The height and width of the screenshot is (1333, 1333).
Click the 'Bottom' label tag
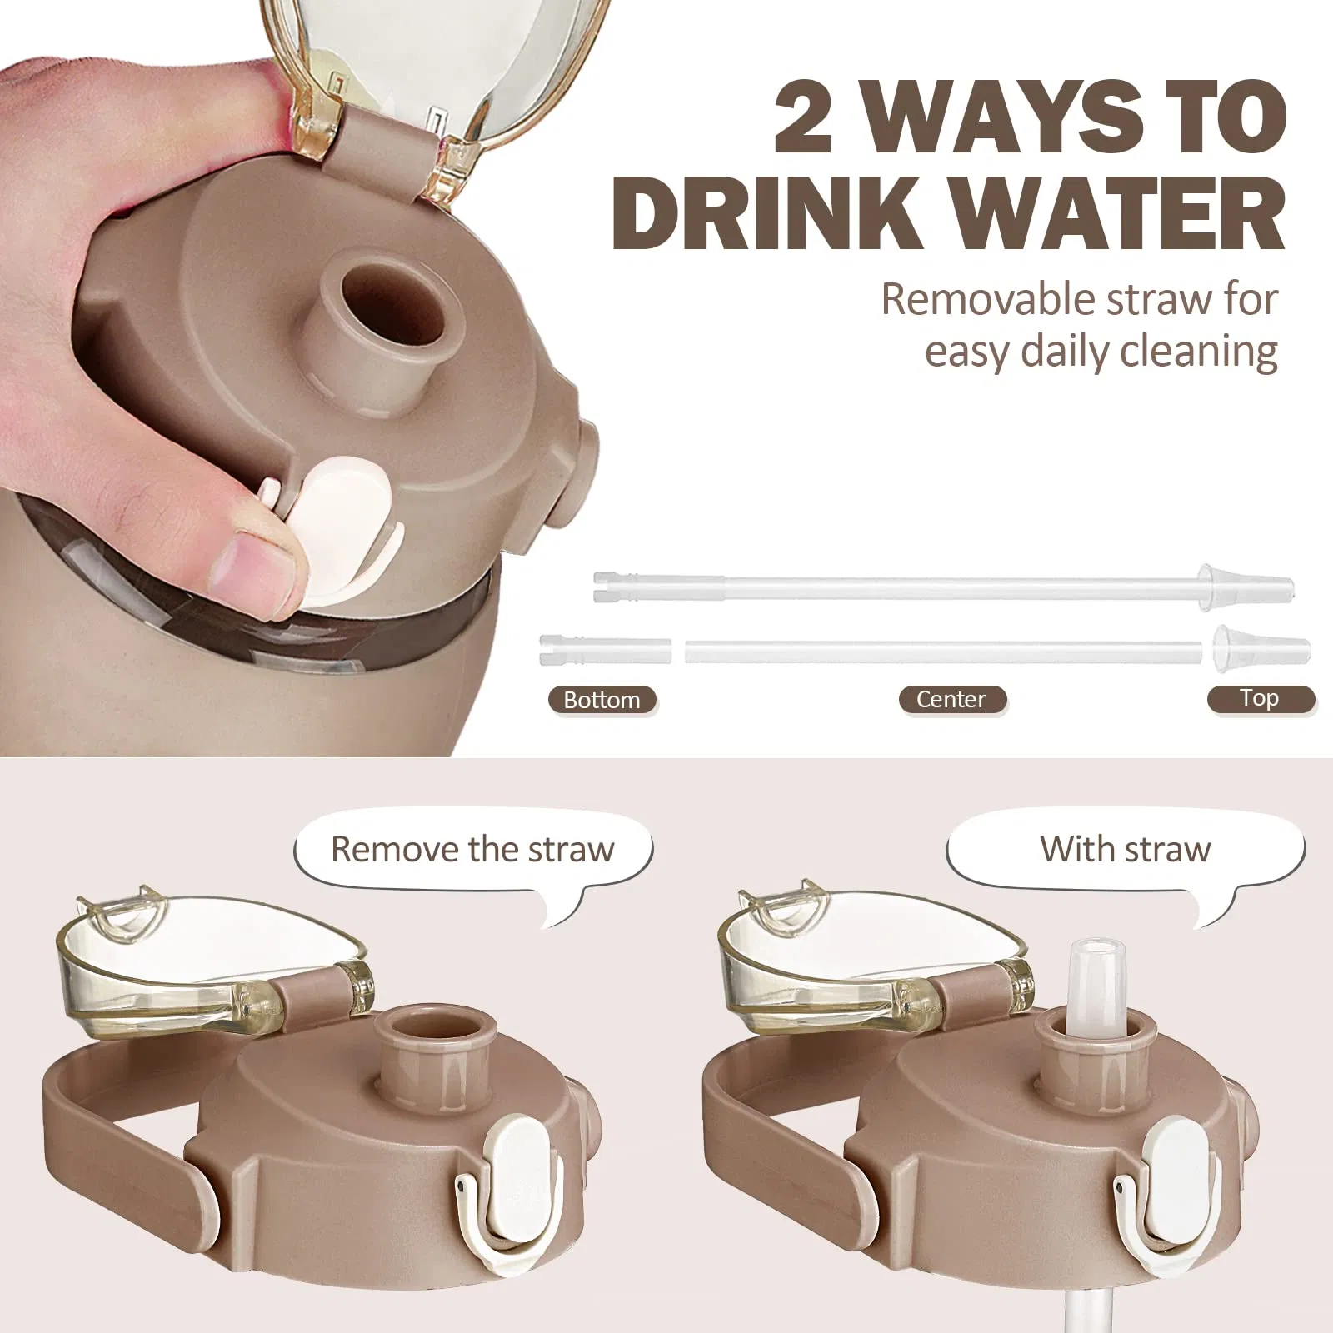coord(602,700)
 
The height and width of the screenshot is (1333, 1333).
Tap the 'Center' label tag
coord(951,699)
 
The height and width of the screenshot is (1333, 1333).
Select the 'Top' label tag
coord(1259,698)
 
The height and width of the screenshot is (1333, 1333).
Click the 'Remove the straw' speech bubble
coord(472,850)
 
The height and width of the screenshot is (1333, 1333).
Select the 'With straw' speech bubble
coord(1125,850)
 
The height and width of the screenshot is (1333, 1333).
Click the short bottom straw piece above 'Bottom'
coord(605,650)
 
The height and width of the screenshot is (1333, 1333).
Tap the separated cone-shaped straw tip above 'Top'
coord(1258,650)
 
